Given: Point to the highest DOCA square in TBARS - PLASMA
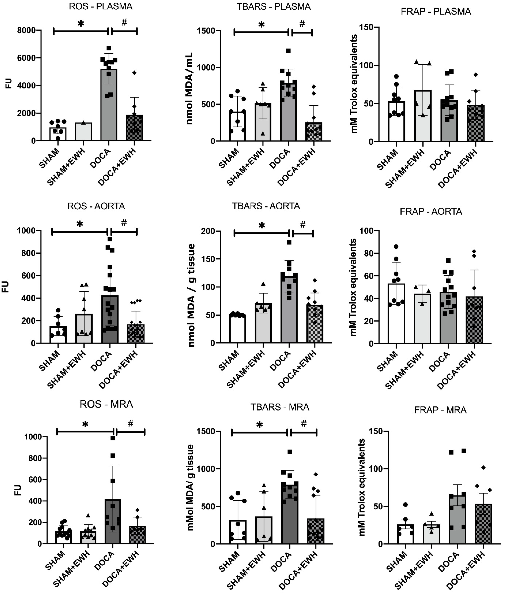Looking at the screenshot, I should [x=288, y=51].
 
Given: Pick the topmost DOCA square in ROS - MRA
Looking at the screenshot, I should [x=113, y=438].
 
